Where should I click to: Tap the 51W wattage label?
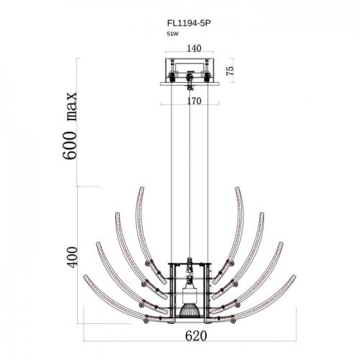173,34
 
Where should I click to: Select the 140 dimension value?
194,48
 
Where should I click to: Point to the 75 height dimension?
230,71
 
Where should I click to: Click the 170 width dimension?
194,101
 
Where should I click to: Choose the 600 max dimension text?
70,125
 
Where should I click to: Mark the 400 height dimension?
73,256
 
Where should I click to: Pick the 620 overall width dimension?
196,336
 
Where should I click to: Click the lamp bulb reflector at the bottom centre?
189,311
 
